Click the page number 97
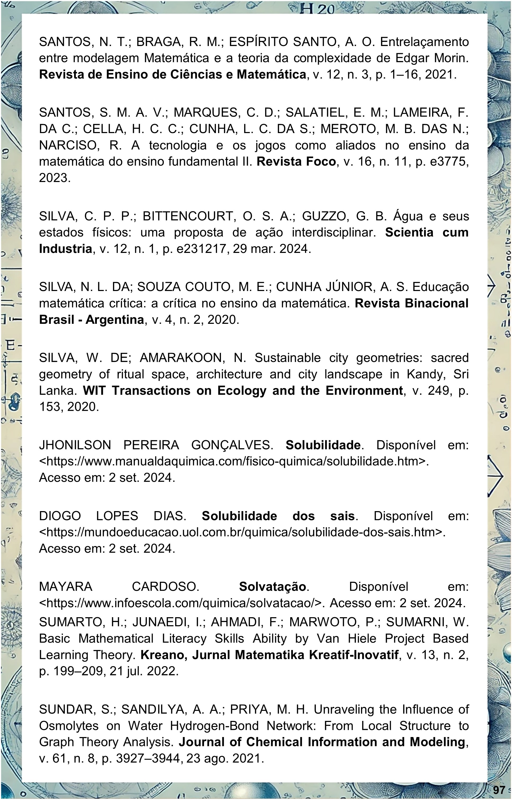499,789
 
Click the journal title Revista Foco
296,162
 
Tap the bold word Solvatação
272,587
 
